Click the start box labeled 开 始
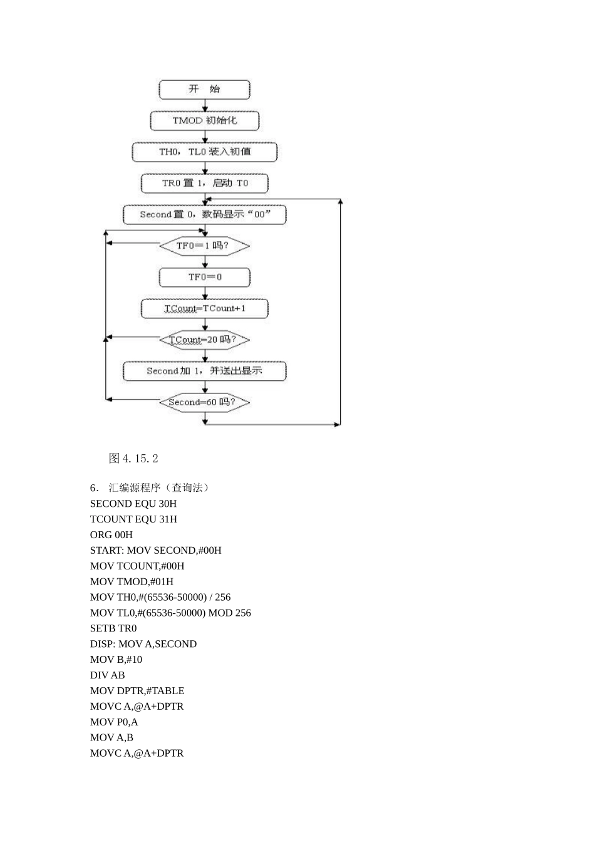click(x=204, y=90)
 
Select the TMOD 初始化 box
click(x=204, y=120)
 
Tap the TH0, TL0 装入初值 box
click(x=204, y=152)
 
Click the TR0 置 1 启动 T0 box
click(x=204, y=183)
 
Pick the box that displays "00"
click(x=204, y=214)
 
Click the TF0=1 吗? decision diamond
click(x=204, y=246)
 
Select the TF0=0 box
click(x=204, y=277)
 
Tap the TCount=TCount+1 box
click(x=204, y=308)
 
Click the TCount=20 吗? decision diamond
click(x=204, y=340)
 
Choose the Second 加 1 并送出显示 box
click(x=204, y=371)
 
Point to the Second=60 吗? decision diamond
click(x=204, y=402)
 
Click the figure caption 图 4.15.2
click(x=133, y=459)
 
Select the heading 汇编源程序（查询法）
click(x=158, y=487)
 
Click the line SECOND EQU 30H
click(x=133, y=504)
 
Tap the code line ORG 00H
click(x=111, y=535)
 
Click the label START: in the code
click(x=107, y=551)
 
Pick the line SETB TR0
click(x=113, y=628)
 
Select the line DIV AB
click(x=108, y=675)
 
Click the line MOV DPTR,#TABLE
click(x=137, y=691)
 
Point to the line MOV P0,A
click(x=114, y=722)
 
